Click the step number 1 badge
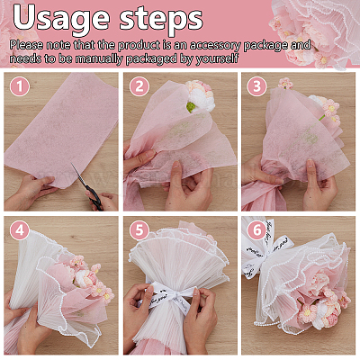(x=20, y=86)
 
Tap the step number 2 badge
(x=139, y=86)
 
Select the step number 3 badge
(x=256, y=86)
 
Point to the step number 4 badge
(x=20, y=230)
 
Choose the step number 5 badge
(x=139, y=230)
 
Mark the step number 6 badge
(x=256, y=230)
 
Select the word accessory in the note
(x=215, y=46)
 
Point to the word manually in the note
(x=100, y=58)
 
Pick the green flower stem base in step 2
(x=190, y=107)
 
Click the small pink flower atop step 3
(x=285, y=83)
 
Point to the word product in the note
(x=139, y=46)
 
